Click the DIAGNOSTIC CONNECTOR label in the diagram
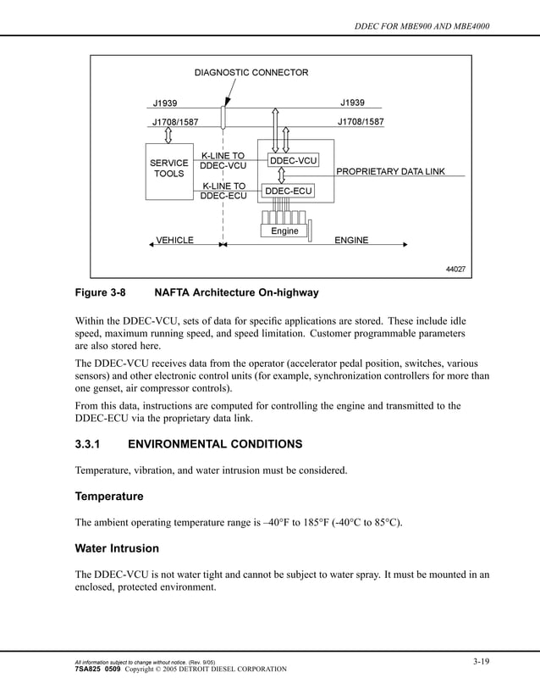coord(251,72)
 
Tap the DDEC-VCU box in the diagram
coord(293,160)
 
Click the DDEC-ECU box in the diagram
coord(289,192)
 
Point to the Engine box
coord(284,231)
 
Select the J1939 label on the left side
coord(165,103)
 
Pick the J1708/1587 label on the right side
coord(361,122)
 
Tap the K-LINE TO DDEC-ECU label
coord(223,191)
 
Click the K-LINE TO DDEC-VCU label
coord(223,161)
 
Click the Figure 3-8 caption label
coord(100,293)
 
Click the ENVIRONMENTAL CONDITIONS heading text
coord(214,444)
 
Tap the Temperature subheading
coord(109,496)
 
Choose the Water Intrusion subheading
coord(117,548)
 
